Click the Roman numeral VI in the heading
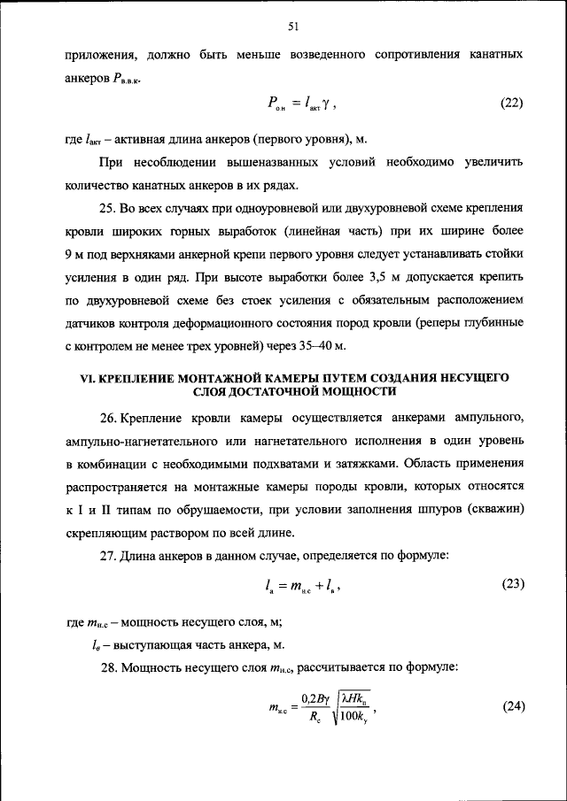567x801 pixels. click(87, 377)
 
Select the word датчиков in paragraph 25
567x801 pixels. click(93, 322)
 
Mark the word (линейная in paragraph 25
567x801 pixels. click(312, 230)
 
